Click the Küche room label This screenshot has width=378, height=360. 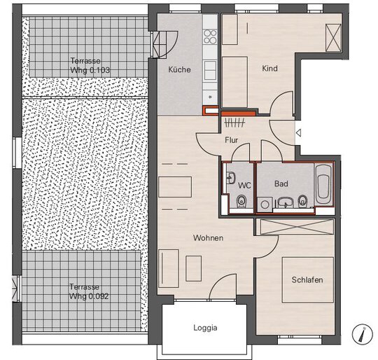[x=179, y=69]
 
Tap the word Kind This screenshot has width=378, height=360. [x=269, y=68]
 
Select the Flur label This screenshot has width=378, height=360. [x=232, y=140]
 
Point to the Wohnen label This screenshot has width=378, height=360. [x=208, y=237]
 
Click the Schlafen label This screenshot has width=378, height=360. [x=307, y=279]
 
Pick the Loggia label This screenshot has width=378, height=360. [x=205, y=328]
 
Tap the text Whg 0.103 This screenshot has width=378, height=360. [x=90, y=70]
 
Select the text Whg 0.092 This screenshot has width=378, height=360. [x=89, y=296]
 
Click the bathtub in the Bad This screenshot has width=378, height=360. [x=324, y=184]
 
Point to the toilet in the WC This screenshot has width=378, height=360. [x=241, y=201]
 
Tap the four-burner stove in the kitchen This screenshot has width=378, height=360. [x=210, y=36]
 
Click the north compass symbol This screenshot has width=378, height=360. [x=363, y=334]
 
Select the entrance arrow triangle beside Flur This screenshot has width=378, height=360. [x=299, y=133]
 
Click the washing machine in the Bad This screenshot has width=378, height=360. [x=265, y=205]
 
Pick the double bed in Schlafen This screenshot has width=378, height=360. [x=308, y=280]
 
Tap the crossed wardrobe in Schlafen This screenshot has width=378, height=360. [x=297, y=227]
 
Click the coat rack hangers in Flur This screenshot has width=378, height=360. [x=234, y=123]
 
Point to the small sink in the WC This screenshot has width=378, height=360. [x=231, y=178]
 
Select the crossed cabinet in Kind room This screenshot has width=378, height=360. [x=333, y=38]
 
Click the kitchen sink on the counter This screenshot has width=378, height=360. [x=210, y=71]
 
